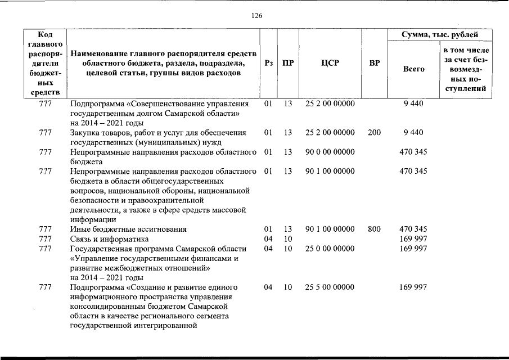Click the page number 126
256,15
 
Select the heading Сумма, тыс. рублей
440,35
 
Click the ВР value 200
374,133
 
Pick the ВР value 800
374,229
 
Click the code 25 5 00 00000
330,287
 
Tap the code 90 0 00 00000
330,152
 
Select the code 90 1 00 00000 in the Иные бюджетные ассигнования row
330,229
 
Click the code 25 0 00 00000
330,249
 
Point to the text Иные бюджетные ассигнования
128,229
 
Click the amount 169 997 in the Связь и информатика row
413,238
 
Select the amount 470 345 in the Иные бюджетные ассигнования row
413,229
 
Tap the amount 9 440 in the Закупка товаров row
413,133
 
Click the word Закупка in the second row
85,133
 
